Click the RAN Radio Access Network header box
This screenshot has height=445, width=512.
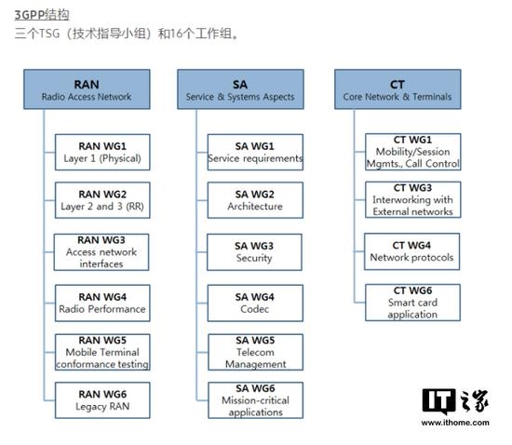tap(87, 89)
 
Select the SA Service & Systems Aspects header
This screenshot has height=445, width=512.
tap(240, 89)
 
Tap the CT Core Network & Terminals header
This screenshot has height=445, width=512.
tap(397, 89)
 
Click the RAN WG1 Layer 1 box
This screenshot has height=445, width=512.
tap(102, 152)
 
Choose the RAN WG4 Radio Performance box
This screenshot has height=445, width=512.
tap(102, 303)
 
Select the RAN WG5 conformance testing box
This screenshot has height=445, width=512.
tap(102, 352)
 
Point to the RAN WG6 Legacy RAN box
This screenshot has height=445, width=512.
tap(102, 401)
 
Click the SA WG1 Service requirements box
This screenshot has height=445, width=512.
tap(254, 152)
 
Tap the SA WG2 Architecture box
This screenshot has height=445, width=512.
tap(254, 200)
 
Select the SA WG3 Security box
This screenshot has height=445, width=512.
tap(254, 251)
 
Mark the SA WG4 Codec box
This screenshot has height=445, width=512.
tap(254, 303)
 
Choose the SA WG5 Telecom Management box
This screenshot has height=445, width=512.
tap(254, 352)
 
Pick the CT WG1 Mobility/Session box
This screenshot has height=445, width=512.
tap(412, 151)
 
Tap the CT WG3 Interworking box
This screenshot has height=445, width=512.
tap(412, 199)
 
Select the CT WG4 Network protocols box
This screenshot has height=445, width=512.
tap(412, 251)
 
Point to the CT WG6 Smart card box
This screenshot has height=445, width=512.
tap(412, 303)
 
